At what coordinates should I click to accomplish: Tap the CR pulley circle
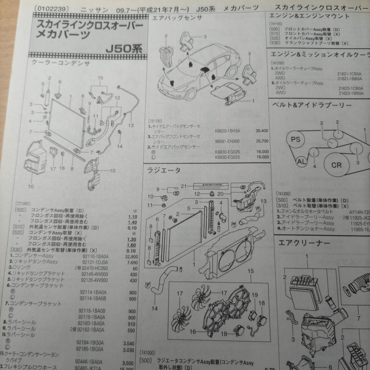(x=336, y=165)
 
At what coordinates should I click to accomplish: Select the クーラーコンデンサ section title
(x=61, y=64)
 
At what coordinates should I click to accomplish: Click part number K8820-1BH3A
(x=228, y=131)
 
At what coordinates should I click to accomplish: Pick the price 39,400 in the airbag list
(x=262, y=131)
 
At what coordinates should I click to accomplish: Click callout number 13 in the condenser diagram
(x=131, y=125)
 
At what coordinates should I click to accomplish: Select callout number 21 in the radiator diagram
(x=184, y=186)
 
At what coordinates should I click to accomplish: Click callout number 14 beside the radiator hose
(x=154, y=308)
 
